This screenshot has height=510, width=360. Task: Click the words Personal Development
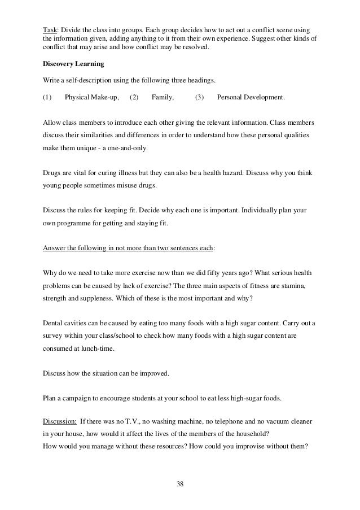pos(251,97)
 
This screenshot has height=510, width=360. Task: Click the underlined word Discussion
pos(60,421)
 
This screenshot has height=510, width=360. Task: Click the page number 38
pos(179,484)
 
